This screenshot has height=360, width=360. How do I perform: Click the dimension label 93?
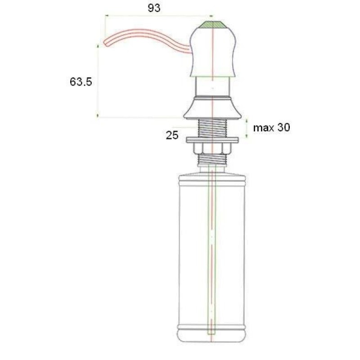pos(154,8)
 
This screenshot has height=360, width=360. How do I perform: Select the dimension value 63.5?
pos(81,82)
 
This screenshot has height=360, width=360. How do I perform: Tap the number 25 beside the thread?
pos(172,135)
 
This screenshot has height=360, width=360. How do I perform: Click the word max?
pos(264,128)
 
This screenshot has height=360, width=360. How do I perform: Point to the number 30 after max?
pos(283,127)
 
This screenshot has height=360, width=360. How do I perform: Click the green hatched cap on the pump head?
pos(212,25)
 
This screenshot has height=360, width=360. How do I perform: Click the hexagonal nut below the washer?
pos(212,148)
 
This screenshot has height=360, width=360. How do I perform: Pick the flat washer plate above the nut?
pos(212,140)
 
